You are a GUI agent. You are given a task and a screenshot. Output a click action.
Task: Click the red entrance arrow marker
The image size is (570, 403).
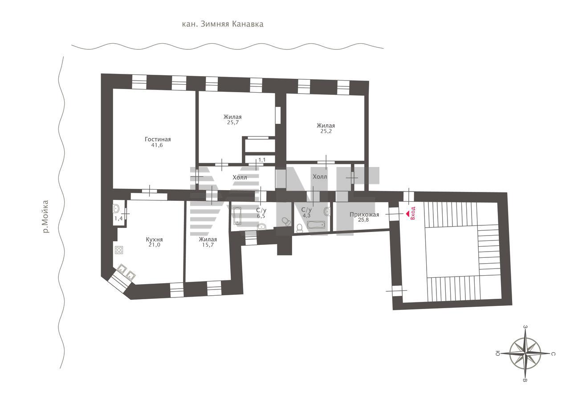(x=407, y=214)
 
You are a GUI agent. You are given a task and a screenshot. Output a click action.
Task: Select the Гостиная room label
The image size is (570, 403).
(x=158, y=139)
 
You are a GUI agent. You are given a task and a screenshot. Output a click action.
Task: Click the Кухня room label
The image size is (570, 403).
(x=154, y=239)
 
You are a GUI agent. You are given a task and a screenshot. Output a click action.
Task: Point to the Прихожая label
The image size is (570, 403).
(x=364, y=215)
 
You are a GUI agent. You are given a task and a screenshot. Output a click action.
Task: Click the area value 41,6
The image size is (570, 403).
(x=157, y=146)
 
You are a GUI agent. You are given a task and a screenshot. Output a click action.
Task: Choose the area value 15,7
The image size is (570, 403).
(x=208, y=245)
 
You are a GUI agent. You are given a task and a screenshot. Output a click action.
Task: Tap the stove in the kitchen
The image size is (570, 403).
(x=119, y=250)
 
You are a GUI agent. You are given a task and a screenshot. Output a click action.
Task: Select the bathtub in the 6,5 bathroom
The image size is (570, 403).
(x=237, y=216)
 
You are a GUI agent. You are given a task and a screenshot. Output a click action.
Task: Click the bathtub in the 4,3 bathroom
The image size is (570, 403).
(x=316, y=224)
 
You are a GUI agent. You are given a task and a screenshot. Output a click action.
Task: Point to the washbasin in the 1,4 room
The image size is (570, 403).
(x=117, y=208)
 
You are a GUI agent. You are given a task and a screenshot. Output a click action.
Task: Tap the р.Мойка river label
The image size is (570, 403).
(x=45, y=217)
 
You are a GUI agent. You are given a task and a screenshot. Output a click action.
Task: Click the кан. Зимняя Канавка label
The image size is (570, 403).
(x=223, y=24)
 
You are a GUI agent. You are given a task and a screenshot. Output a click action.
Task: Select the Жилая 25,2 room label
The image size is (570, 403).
(x=326, y=126)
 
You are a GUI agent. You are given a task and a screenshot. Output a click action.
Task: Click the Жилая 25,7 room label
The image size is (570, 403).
(x=232, y=117)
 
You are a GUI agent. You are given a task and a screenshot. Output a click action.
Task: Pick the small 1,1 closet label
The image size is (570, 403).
(x=262, y=160)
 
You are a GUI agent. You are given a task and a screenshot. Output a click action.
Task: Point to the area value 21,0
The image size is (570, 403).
(x=154, y=245)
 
